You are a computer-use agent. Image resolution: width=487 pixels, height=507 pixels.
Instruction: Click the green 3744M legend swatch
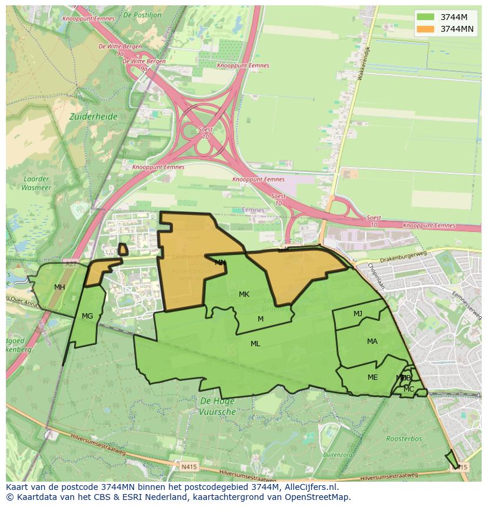click(x=425, y=16)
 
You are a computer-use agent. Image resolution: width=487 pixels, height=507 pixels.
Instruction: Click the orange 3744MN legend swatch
click(x=425, y=29)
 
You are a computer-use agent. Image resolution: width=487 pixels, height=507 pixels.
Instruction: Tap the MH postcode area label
click(x=59, y=287)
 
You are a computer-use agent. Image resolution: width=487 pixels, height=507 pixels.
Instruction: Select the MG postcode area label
click(x=87, y=316)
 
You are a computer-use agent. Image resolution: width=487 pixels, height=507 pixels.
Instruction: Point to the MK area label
click(x=244, y=294)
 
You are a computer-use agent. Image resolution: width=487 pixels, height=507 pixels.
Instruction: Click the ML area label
click(x=255, y=344)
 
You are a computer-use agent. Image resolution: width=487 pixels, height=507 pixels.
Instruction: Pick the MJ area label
click(x=358, y=314)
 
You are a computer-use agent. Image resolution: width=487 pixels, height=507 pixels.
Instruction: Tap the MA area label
click(x=372, y=342)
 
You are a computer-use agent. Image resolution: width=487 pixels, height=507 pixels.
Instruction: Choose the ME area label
click(x=372, y=377)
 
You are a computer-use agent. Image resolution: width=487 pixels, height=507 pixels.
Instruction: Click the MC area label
click(x=409, y=389)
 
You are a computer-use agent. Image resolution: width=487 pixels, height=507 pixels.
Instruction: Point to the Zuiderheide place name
click(x=94, y=117)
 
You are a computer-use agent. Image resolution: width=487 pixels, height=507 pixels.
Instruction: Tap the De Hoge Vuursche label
click(x=218, y=406)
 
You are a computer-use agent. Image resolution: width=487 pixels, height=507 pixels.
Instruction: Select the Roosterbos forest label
click(x=403, y=439)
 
